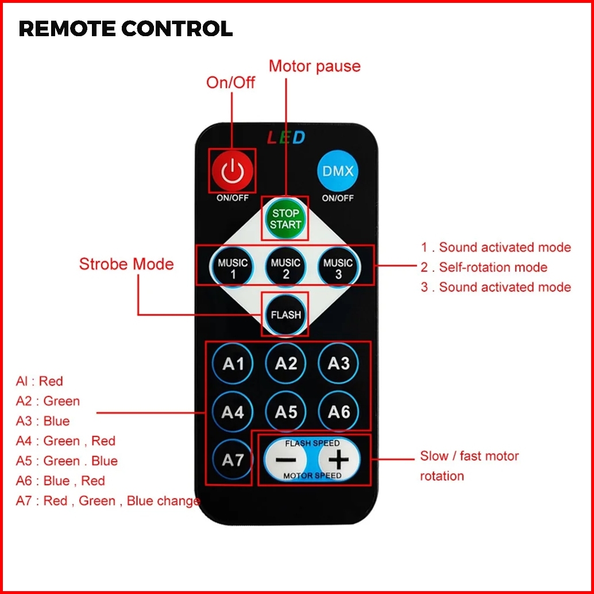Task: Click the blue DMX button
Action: (338, 171)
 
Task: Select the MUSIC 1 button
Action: (233, 268)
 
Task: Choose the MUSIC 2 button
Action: (286, 268)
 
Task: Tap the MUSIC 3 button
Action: (338, 268)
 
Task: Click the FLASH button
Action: (286, 315)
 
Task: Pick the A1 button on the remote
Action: (233, 364)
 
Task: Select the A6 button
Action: (338, 412)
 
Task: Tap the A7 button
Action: (233, 460)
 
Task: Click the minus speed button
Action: (286, 460)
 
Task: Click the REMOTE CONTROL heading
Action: (126, 29)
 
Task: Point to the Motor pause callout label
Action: (315, 66)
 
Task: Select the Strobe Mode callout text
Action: (126, 264)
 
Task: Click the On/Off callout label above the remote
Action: (231, 83)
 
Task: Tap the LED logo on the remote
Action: (286, 138)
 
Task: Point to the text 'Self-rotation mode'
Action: (493, 267)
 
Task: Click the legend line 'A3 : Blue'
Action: (43, 421)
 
